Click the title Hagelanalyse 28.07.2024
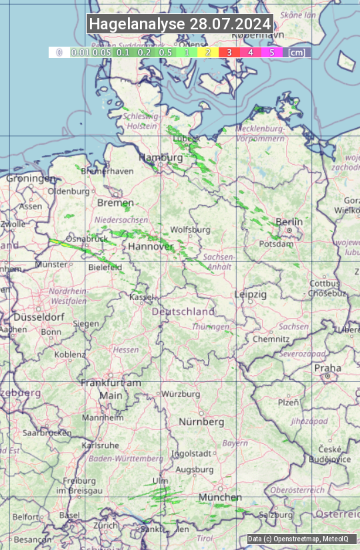coord(180,24)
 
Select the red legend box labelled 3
coord(229,52)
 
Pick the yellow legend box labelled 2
coord(208,52)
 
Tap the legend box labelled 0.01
coord(80,52)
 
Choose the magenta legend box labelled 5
coord(271,52)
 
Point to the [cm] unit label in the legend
coord(297,52)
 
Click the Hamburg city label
coord(160,158)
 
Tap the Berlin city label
coord(289,222)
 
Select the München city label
coord(219,497)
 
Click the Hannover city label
coord(150,247)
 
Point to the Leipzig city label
coord(251,294)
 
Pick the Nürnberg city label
coord(201,422)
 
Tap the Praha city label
coord(327,368)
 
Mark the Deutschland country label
coord(183,311)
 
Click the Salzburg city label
coord(276,515)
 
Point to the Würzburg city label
coord(181,394)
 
